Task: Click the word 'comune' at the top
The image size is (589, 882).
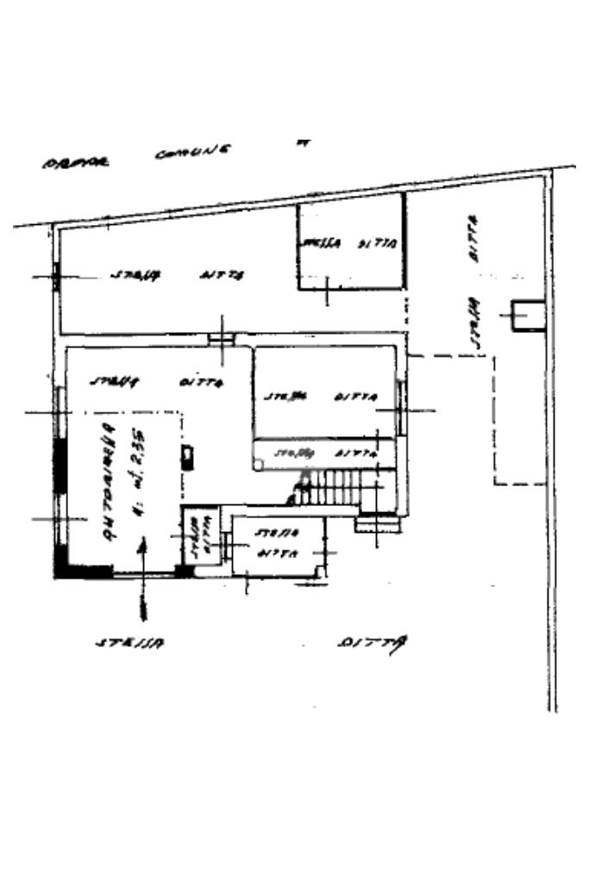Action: pos(192,153)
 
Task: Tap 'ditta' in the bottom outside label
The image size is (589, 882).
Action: pos(373,642)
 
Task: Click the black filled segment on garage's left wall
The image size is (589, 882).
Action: pos(60,466)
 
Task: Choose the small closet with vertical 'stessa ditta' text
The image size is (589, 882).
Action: pos(197,540)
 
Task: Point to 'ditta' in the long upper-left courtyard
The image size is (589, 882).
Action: pos(223,275)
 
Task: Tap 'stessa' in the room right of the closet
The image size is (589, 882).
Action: pos(276,535)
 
